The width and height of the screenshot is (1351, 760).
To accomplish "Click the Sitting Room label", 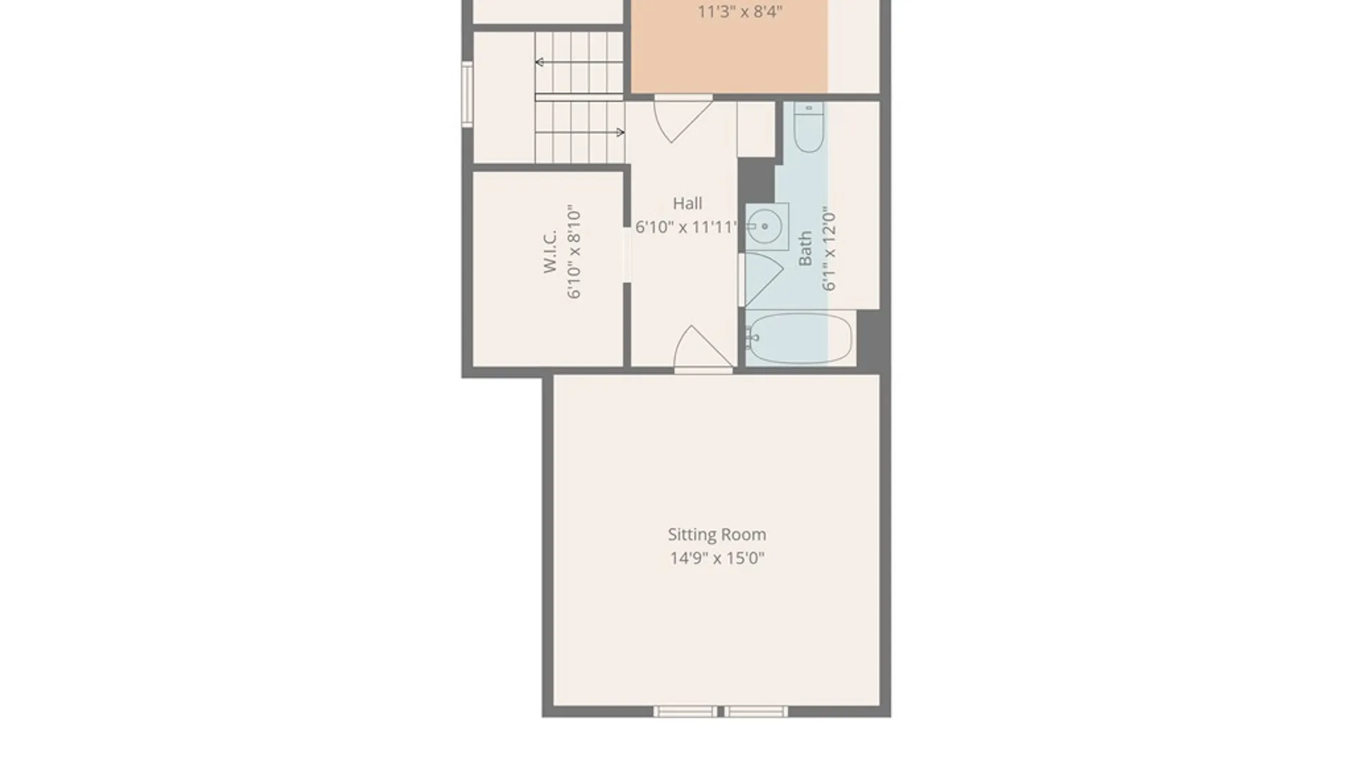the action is tap(717, 535).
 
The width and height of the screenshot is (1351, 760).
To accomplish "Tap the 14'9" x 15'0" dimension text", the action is tap(717, 558).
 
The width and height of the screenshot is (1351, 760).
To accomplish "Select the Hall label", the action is tap(687, 203).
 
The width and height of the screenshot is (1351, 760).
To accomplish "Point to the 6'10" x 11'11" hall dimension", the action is tap(686, 227).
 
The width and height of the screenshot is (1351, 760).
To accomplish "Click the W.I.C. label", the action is tap(550, 251).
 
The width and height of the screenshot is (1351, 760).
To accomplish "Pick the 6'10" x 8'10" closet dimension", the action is tap(574, 252).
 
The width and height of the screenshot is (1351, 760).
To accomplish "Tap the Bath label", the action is tap(805, 248).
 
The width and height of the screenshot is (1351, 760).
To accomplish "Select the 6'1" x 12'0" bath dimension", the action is tap(829, 248).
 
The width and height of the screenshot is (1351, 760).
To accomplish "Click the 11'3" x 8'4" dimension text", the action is tap(740, 11).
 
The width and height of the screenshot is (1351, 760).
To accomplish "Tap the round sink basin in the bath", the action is tap(764, 227).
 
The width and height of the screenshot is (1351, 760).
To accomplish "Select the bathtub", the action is tap(799, 338).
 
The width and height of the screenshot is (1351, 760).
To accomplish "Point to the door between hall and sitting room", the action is tap(703, 346).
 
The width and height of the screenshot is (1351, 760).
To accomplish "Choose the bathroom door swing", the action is tap(763, 279).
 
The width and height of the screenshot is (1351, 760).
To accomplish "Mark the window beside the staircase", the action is tap(467, 94).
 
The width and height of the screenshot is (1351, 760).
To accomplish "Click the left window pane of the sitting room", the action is tap(685, 711).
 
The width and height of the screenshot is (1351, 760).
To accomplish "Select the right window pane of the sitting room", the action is tap(756, 711).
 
